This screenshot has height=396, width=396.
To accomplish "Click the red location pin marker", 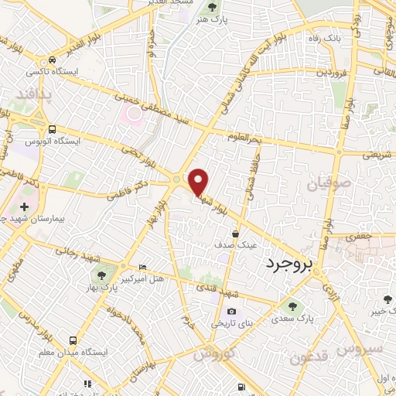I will pos(199,183).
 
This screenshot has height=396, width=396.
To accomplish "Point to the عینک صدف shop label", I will pos(235,244).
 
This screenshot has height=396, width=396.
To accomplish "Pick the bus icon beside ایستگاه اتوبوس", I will pos(51,129).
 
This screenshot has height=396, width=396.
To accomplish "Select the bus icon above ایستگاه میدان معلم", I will pos(73,340).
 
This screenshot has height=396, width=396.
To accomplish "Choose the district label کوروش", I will pos(213,354).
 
